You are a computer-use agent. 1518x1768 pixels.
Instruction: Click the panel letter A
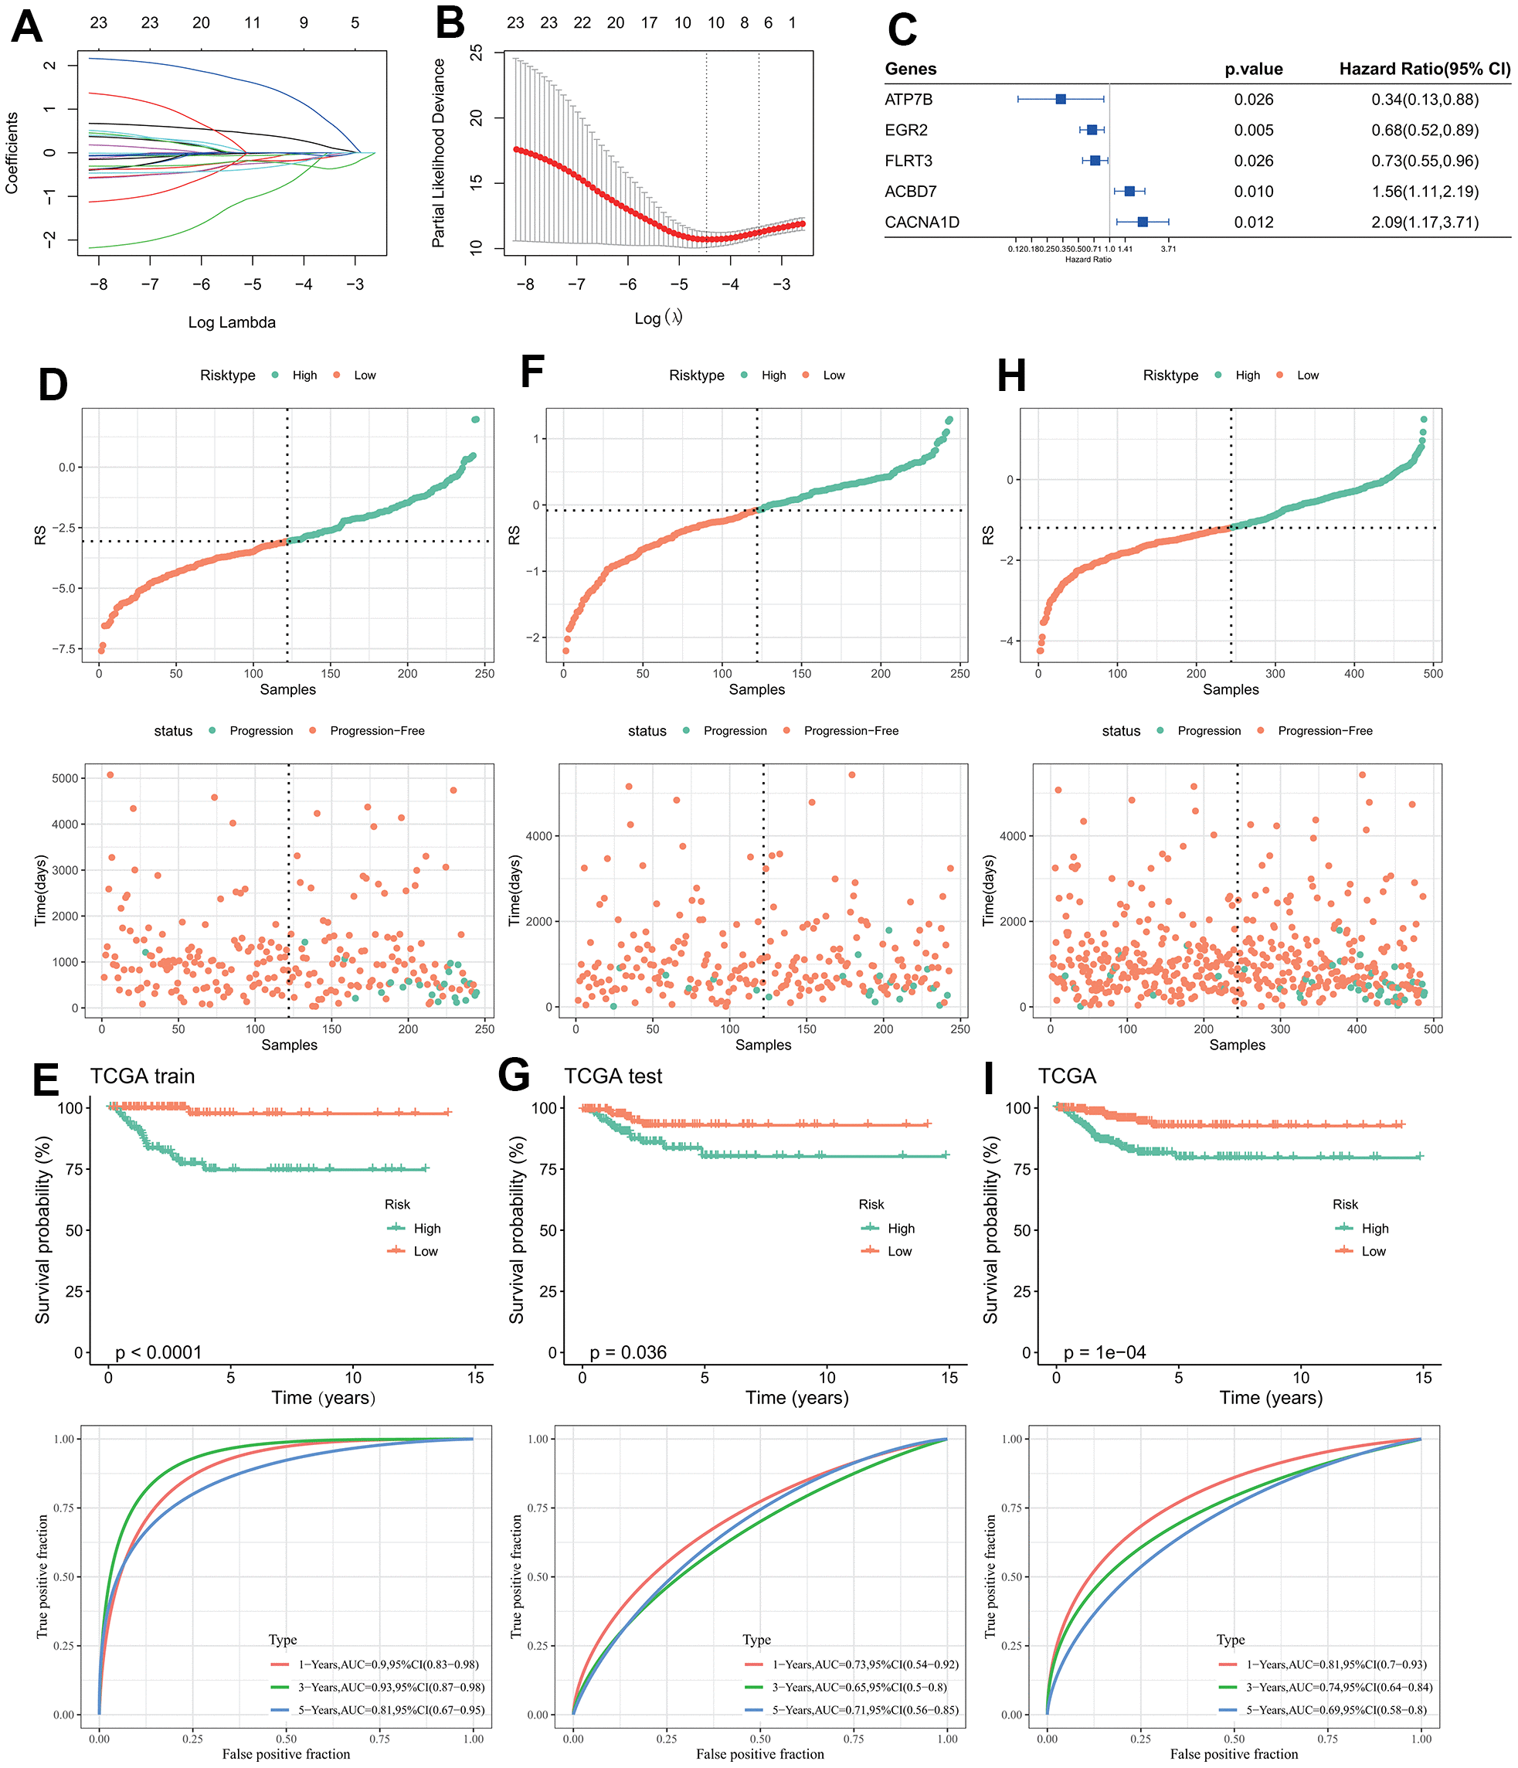(x=26, y=26)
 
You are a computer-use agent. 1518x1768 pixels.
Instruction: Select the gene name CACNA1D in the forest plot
(x=922, y=223)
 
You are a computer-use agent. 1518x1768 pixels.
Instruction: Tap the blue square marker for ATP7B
(x=1061, y=99)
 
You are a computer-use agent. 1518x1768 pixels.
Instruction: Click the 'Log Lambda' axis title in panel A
(x=231, y=322)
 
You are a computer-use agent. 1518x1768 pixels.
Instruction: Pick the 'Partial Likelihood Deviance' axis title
(x=439, y=153)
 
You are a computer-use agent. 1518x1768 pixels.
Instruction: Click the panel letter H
(x=1011, y=376)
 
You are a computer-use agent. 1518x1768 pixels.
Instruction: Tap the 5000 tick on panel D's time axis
(x=65, y=778)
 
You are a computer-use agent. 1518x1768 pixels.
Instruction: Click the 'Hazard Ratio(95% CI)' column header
(x=1424, y=69)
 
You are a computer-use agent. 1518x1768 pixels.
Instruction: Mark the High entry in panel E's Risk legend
(x=426, y=1229)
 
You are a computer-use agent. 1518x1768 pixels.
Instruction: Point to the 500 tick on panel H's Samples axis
(x=1433, y=674)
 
